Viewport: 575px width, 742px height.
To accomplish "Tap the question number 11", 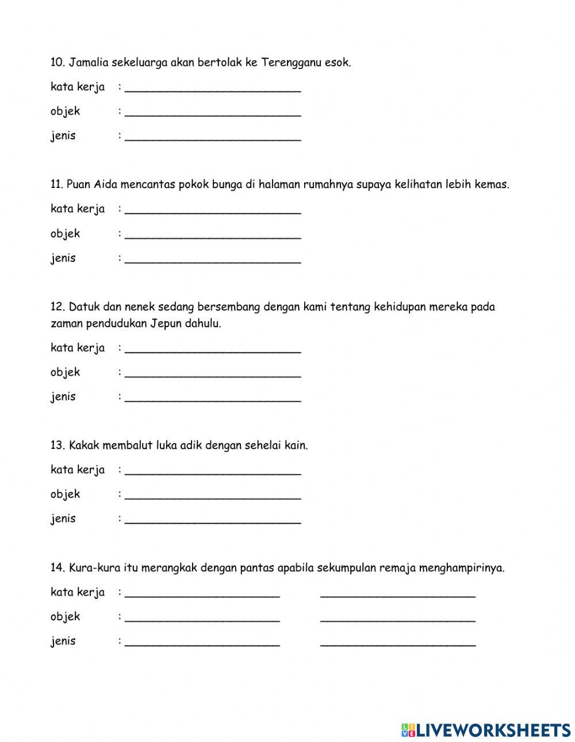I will coord(57,184).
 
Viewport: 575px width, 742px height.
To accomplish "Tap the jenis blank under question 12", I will coord(212,397).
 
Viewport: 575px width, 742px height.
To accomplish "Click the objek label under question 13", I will coord(65,494).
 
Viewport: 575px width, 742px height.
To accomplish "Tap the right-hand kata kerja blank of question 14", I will coord(397,592).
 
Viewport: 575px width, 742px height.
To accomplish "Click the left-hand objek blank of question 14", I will coord(202,617).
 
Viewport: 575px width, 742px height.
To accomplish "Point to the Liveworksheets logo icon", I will coord(408,730).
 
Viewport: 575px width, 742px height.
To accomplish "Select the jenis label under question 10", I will coord(63,136).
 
